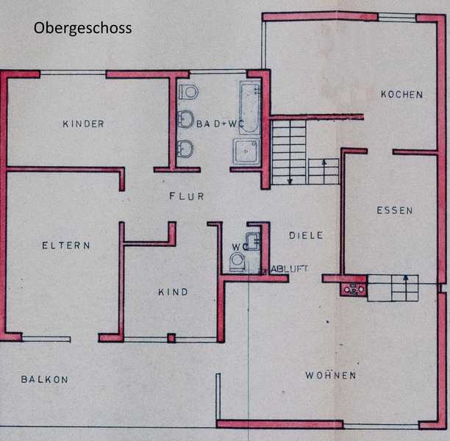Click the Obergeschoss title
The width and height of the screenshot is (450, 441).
[x=82, y=29]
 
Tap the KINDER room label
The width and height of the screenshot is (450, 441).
[x=84, y=124]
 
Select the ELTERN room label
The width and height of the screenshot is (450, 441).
[x=66, y=245]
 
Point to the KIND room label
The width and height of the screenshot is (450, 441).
[x=173, y=292]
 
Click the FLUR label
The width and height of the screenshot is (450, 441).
[x=187, y=196]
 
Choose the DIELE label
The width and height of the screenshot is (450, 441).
[x=306, y=235]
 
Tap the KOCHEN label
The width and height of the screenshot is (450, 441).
[x=401, y=95]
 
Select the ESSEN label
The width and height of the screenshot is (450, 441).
[x=395, y=211]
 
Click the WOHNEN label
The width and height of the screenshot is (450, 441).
[x=331, y=376]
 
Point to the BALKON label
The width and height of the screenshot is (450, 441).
[x=45, y=379]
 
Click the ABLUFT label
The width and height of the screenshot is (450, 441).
[x=289, y=269]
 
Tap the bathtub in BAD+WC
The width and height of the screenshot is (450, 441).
[x=250, y=107]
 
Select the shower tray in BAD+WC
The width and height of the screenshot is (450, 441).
[x=246, y=151]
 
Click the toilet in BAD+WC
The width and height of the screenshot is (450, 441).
[x=188, y=92]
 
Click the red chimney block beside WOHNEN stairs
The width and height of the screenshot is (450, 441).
[x=353, y=290]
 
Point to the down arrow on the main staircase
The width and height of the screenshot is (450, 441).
[x=290, y=152]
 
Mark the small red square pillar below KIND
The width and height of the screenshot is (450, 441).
[x=171, y=338]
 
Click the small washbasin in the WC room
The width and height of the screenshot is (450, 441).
[x=252, y=241]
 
